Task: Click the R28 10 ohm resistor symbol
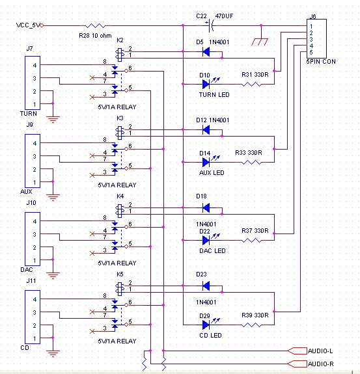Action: tap(96, 25)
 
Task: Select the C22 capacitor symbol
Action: tap(210, 25)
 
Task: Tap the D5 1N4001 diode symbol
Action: tap(206, 51)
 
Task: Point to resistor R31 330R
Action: tap(251, 84)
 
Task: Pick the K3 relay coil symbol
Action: tap(120, 133)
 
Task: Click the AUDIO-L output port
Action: tap(298, 351)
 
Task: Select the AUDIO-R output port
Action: tap(298, 364)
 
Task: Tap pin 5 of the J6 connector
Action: tap(311, 52)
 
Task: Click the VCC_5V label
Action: tap(29, 25)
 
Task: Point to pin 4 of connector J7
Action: tap(35, 65)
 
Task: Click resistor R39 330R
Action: tap(251, 325)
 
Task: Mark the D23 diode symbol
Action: tap(206, 286)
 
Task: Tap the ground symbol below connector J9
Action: tap(53, 198)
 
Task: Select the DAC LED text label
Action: tap(212, 250)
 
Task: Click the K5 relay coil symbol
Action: tap(120, 289)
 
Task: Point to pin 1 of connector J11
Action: tap(35, 338)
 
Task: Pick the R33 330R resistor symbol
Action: tap(251, 163)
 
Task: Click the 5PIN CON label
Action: tap(321, 62)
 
